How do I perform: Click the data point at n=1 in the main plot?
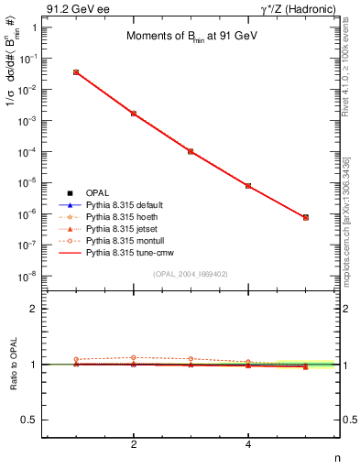pyautogui.click(x=76, y=71)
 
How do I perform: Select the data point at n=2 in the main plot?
pyautogui.click(x=134, y=114)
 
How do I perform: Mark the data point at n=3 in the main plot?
pyautogui.click(x=191, y=151)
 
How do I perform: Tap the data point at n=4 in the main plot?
pyautogui.click(x=248, y=186)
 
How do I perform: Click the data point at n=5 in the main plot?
pyautogui.click(x=305, y=217)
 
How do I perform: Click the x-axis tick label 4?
pyautogui.click(x=248, y=444)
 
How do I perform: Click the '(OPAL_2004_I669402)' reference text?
pyautogui.click(x=190, y=274)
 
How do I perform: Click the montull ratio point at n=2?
pyautogui.click(x=134, y=357)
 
